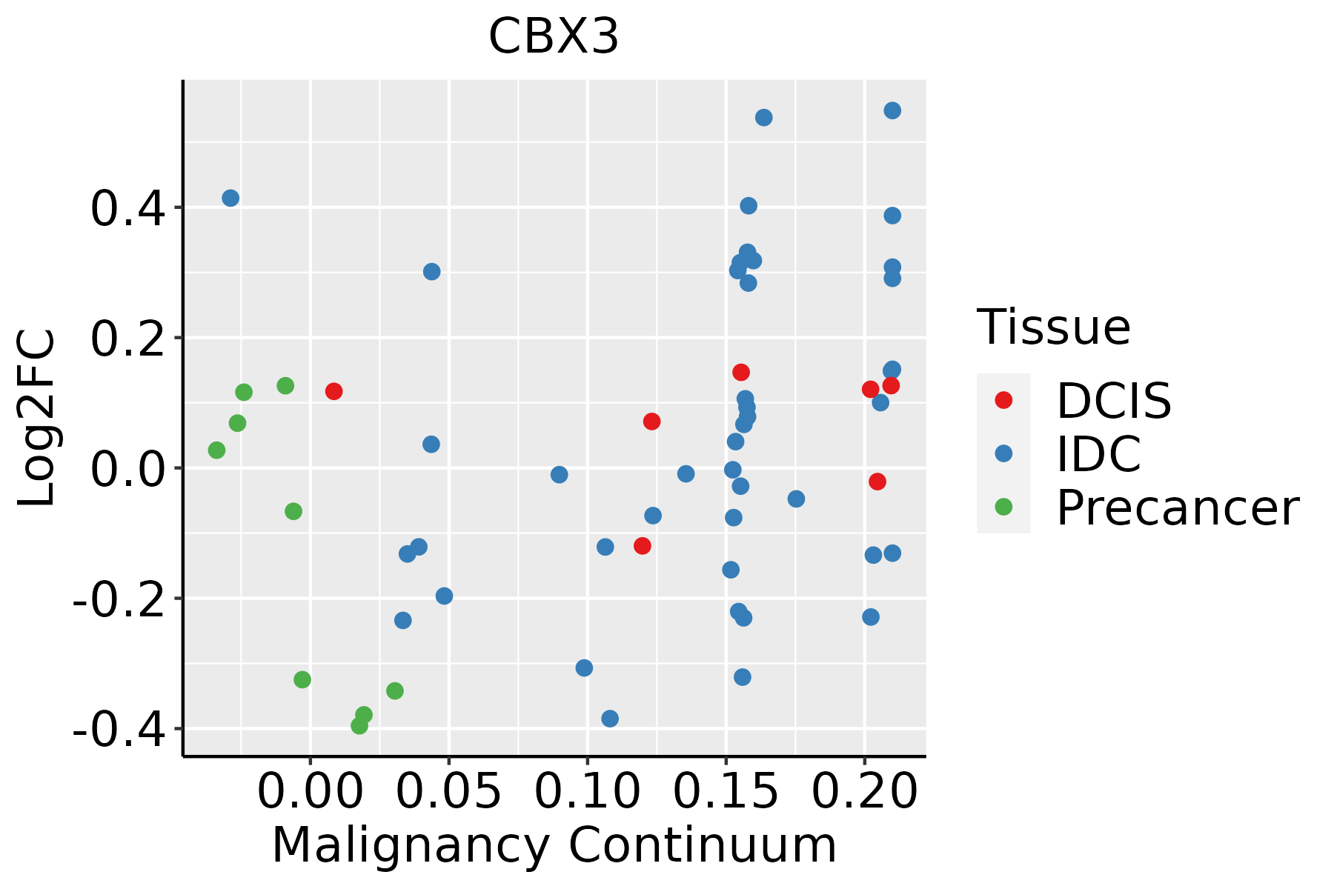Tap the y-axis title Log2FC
37,419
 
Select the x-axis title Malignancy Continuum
554,845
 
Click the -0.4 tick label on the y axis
119,730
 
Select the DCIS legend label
1114,401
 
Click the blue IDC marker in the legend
1003,453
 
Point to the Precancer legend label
1177,507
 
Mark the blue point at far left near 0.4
230,198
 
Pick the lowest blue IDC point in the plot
610,718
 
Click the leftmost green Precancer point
216,450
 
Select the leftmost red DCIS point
333,391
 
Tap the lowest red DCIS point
643,546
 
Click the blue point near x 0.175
796,499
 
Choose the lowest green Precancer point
359,725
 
